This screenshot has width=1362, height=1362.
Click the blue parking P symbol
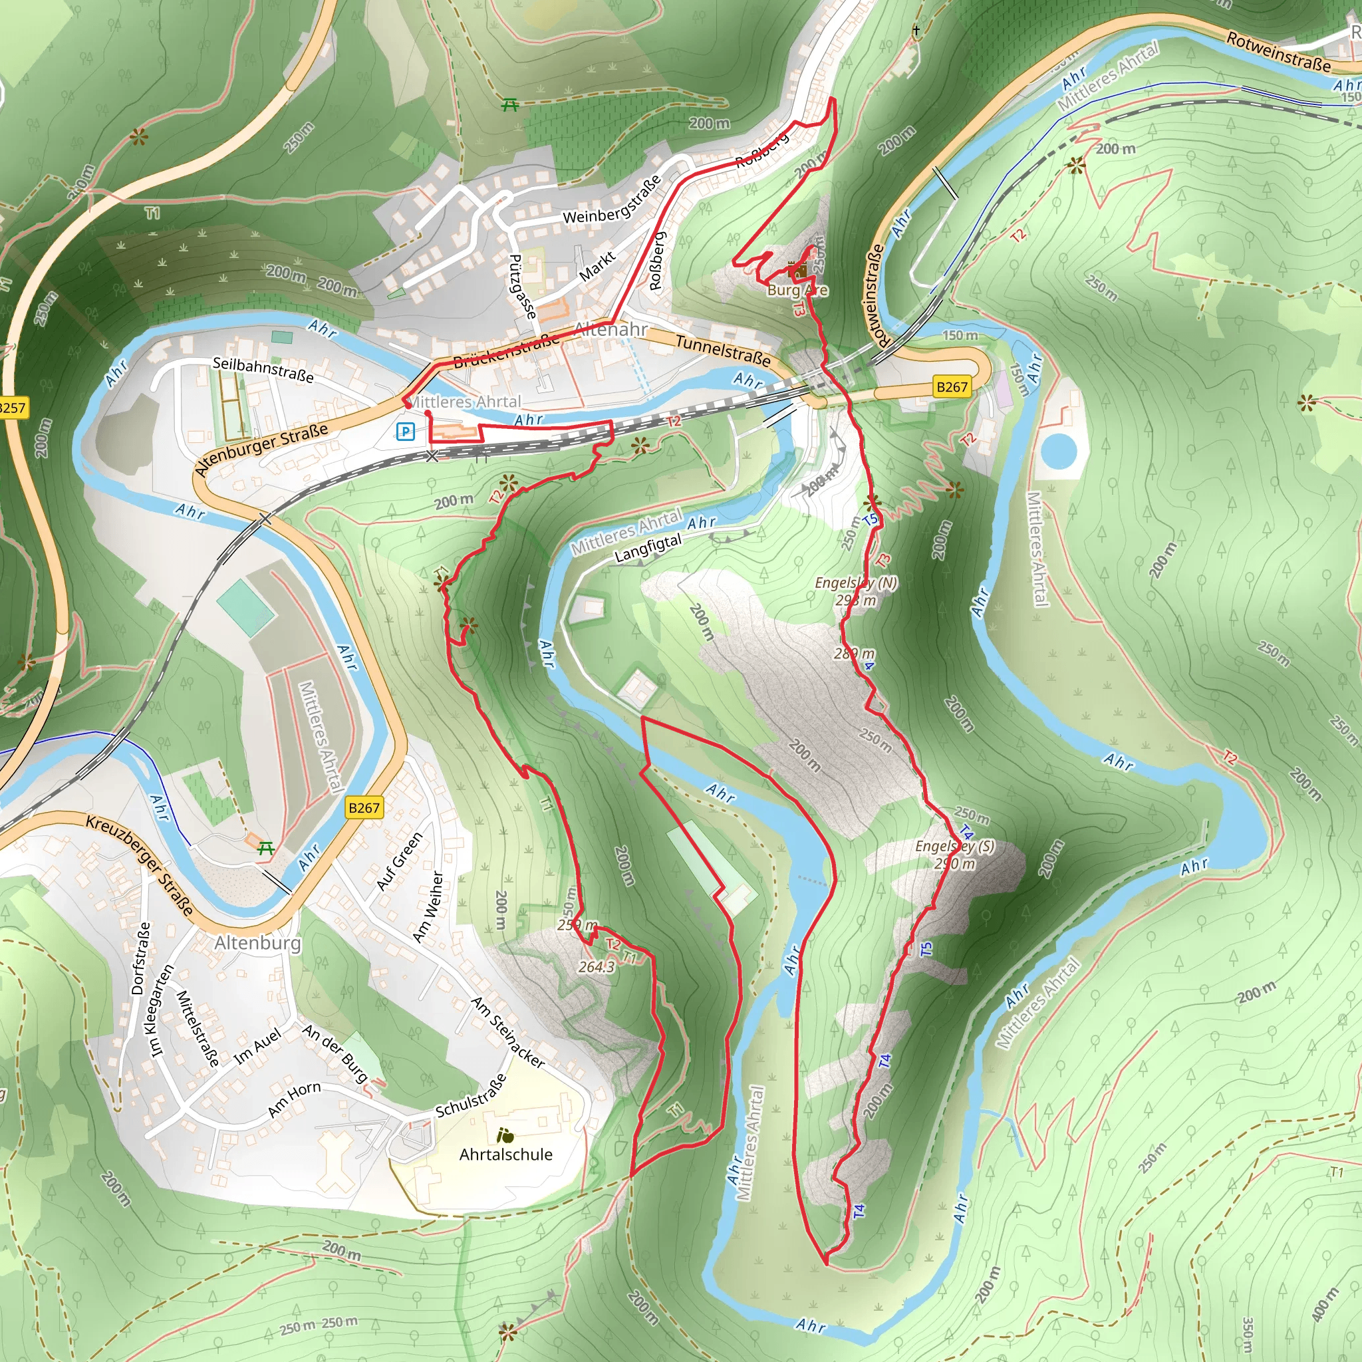pyautogui.click(x=406, y=432)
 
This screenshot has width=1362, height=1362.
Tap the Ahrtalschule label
pyautogui.click(x=505, y=1154)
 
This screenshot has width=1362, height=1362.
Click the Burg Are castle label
pyautogui.click(x=797, y=290)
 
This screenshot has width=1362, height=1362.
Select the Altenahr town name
pyautogui.click(x=611, y=329)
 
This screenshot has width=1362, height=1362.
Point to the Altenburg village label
pyautogui.click(x=257, y=942)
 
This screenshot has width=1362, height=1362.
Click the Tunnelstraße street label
pyautogui.click(x=723, y=350)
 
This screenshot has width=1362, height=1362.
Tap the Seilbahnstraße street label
pyautogui.click(x=263, y=368)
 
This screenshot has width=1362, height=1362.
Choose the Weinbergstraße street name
pyautogui.click(x=612, y=200)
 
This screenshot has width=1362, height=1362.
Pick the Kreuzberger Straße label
pyautogui.click(x=140, y=865)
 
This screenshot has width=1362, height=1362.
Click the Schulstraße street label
pyautogui.click(x=471, y=1095)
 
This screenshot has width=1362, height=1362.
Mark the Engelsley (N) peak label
pyautogui.click(x=856, y=583)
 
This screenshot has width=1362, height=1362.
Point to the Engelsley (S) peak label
pyautogui.click(x=954, y=846)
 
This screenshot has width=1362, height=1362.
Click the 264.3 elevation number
pyautogui.click(x=597, y=966)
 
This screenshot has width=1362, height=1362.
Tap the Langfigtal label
pyautogui.click(x=648, y=549)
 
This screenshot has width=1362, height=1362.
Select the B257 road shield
pyautogui.click(x=12, y=408)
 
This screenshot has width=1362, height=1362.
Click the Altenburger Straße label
pyautogui.click(x=261, y=449)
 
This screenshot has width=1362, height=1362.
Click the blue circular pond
pyautogui.click(x=1059, y=451)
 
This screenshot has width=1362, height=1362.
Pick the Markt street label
pyautogui.click(x=597, y=267)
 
